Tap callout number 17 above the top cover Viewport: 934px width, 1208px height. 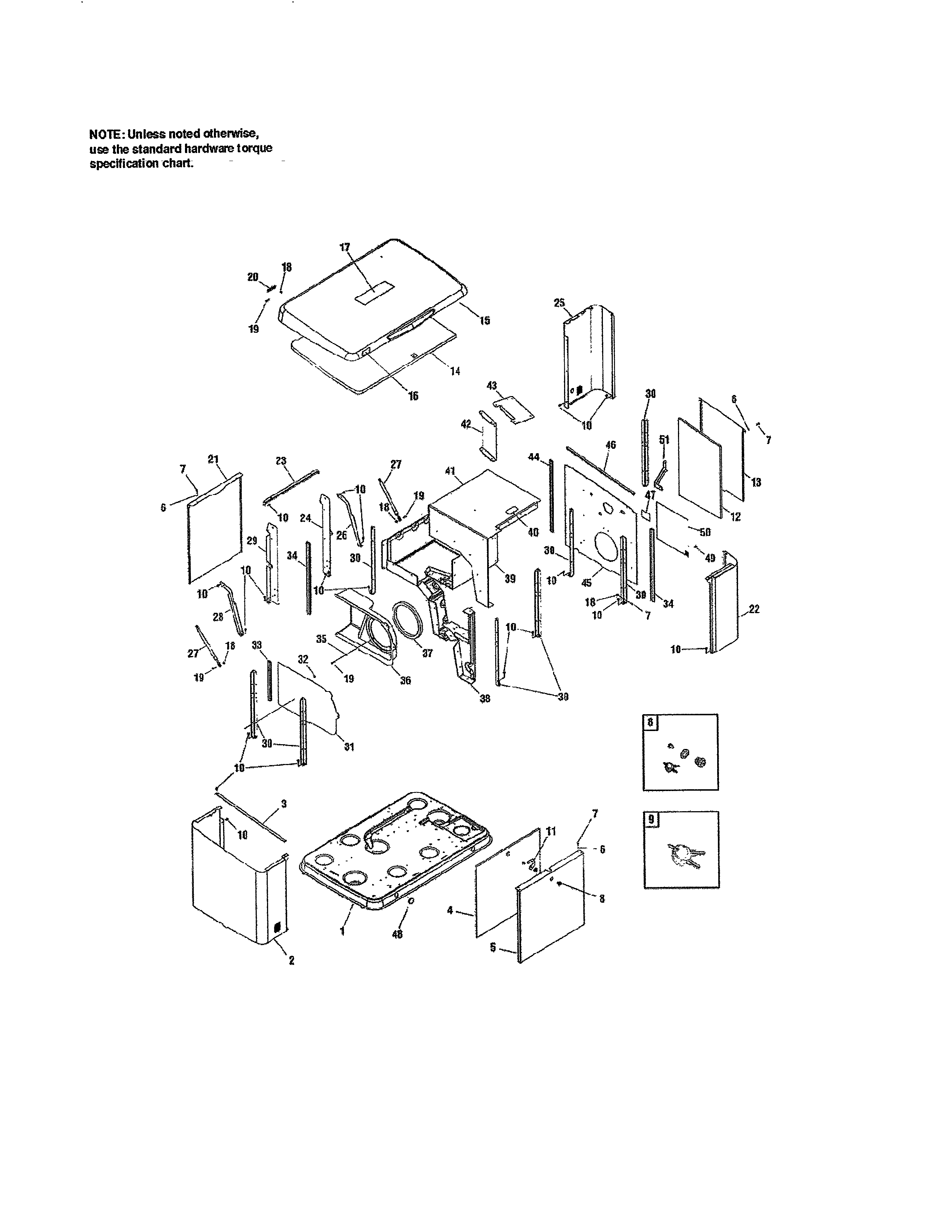[345, 247]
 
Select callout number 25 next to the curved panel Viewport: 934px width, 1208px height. [559, 303]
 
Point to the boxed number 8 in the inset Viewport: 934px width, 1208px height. [650, 722]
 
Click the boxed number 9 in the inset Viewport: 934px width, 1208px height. [651, 820]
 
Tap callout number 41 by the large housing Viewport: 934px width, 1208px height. [450, 471]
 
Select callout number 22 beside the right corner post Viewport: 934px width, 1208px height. [754, 609]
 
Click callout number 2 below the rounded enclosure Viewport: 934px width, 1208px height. [292, 961]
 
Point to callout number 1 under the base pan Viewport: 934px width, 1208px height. [342, 932]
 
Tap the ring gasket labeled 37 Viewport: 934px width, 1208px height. [408, 622]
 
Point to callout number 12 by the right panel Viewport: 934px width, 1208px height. [735, 517]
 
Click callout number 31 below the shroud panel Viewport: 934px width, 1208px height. [349, 747]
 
